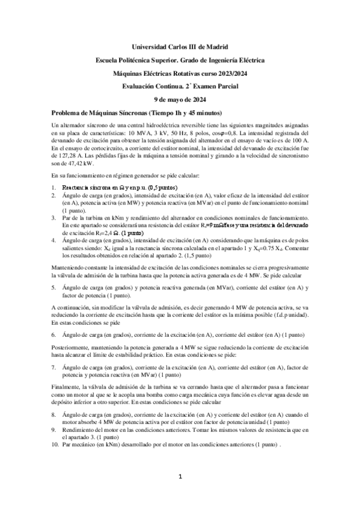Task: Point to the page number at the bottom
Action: [180, 478]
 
